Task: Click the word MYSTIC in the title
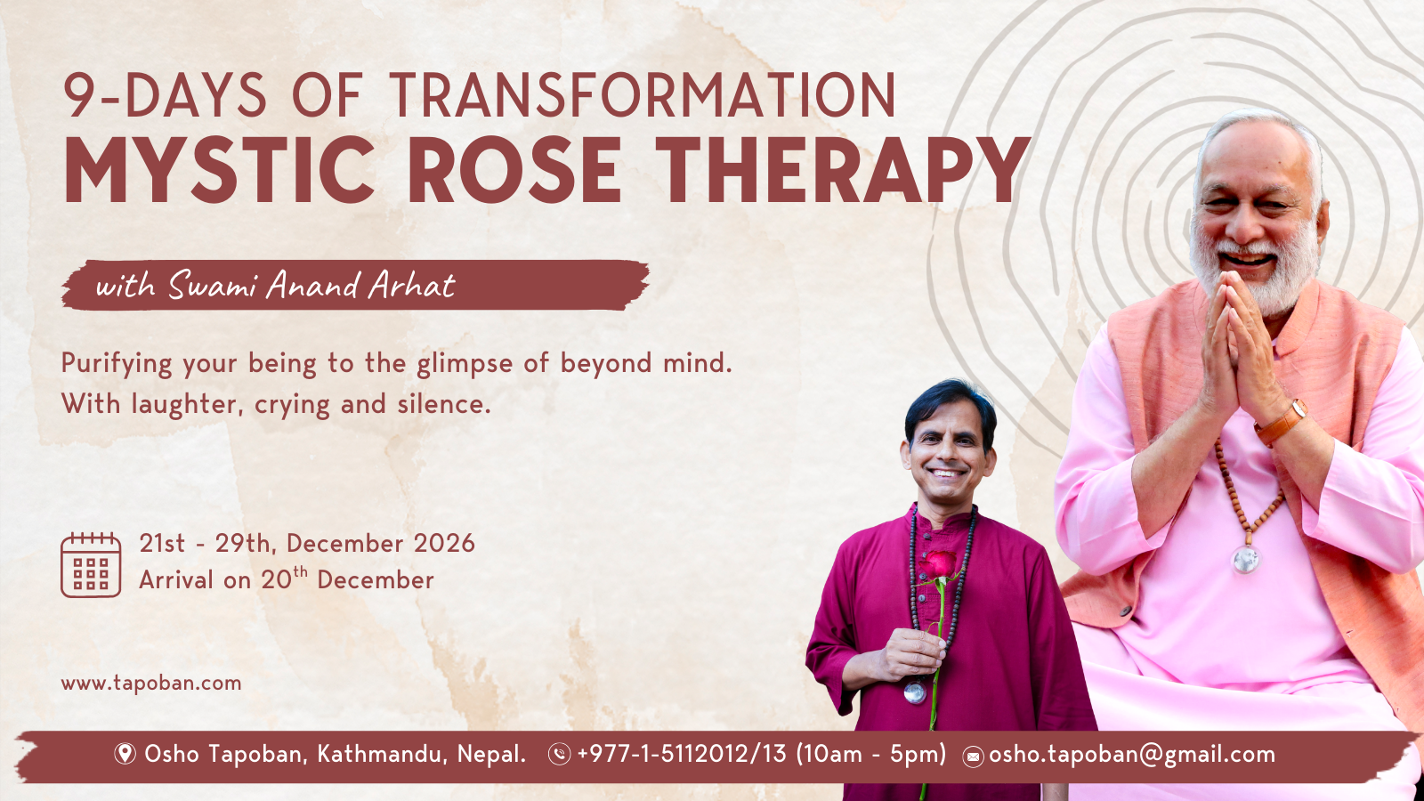coord(219,170)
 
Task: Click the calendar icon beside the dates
coord(91,564)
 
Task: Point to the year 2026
coord(444,544)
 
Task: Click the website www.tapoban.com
coord(151,684)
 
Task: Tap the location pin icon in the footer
coord(125,754)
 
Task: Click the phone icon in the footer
coord(560,755)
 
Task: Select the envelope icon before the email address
coord(973,756)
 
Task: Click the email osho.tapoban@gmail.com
coord(1132,755)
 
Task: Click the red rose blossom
coord(938,564)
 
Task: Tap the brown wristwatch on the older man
coord(1281,423)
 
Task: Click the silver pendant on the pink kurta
coord(1246,560)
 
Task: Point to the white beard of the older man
coord(1256,267)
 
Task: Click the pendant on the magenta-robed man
coord(915,692)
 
